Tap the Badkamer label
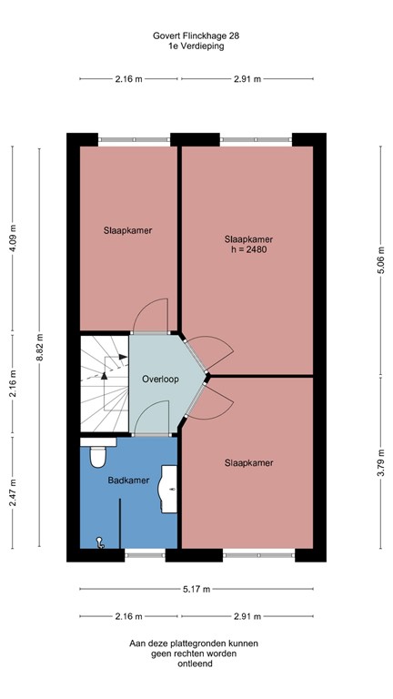pos(123,480)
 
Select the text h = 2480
pos(248,251)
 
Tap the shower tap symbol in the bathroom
pos(100,544)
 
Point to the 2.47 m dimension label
pos(14,492)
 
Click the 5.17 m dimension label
pos(197,589)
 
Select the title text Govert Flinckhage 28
pos(197,35)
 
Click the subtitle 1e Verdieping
pos(197,46)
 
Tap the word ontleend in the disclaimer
pos(197,664)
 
